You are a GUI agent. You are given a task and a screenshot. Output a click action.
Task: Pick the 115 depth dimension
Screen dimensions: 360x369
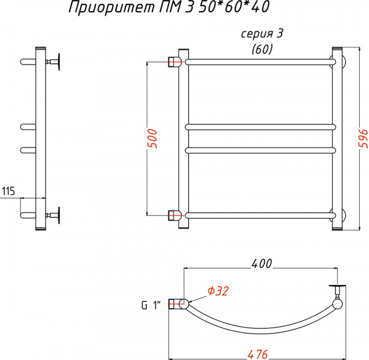pyautogui.click(x=9, y=191)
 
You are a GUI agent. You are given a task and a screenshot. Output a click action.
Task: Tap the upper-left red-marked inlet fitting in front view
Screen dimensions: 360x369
pyautogui.click(x=175, y=61)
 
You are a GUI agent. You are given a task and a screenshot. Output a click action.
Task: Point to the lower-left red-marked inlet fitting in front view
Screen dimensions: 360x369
pyautogui.click(x=175, y=214)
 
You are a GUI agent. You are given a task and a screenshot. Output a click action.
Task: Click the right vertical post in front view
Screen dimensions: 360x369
pyautogui.click(x=337, y=138)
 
